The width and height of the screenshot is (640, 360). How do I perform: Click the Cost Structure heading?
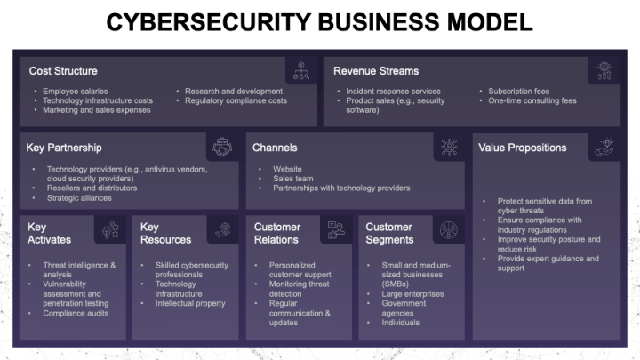pos(63,70)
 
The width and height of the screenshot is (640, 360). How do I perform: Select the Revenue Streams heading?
pos(376,70)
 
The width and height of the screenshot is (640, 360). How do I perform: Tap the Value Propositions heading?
pos(522,148)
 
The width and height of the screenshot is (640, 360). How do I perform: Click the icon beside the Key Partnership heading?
pos(222,147)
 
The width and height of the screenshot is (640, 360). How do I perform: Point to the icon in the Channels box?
pos(449,147)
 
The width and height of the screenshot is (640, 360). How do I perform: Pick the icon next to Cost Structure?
pos(301,70)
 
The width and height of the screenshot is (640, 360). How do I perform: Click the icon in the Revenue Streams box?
pos(605,70)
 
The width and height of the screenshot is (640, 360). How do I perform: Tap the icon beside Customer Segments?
pos(449,230)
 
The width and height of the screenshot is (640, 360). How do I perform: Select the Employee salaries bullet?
pos(76,91)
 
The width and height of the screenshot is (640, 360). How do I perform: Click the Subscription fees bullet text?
pos(518,91)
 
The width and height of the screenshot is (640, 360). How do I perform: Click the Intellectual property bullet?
pos(191,303)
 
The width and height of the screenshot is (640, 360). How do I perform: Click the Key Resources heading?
pos(165,233)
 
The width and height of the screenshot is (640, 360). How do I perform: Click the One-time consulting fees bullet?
pos(532,100)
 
